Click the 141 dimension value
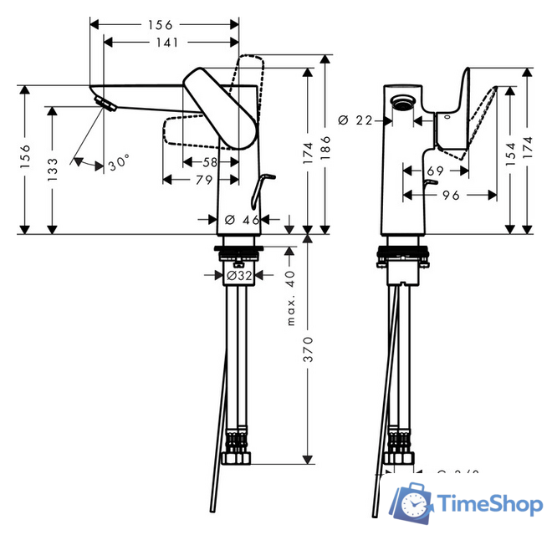172,40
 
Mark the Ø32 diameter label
241,273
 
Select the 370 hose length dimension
308,348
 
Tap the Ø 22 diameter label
355,120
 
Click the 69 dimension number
434,171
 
